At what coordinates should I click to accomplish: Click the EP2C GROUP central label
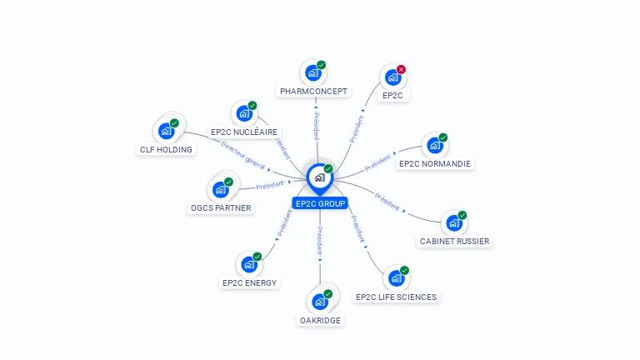tap(320, 203)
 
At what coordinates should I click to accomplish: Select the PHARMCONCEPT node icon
tap(312, 72)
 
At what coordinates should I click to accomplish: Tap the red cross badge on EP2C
tap(401, 69)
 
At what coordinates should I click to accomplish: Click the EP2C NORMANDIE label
tap(434, 164)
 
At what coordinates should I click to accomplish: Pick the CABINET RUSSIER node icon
tap(453, 223)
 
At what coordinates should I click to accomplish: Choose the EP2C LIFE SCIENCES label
tap(396, 297)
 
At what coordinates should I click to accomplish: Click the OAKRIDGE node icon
tap(319, 302)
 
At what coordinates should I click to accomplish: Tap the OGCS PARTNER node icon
tap(221, 189)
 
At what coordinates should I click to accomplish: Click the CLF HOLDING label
tap(166, 150)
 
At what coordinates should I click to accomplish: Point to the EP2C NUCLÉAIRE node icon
tap(244, 113)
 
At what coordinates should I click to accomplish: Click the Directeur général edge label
tap(243, 155)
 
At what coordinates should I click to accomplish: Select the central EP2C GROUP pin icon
tap(319, 177)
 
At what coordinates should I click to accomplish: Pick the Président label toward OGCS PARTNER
tap(270, 185)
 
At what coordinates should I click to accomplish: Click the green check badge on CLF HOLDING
tap(174, 123)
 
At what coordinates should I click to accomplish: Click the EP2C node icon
tap(392, 77)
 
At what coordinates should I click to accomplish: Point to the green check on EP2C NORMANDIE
tap(443, 137)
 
